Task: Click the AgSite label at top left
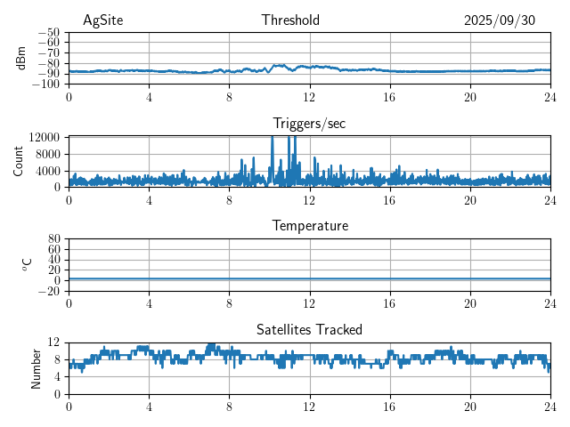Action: pyautogui.click(x=103, y=20)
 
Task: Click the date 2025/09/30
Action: pyautogui.click(x=500, y=20)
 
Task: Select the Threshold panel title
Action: pyautogui.click(x=291, y=20)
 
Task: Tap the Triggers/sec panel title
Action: pyautogui.click(x=309, y=124)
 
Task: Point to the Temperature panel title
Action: pyautogui.click(x=309, y=226)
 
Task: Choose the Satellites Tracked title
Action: pyautogui.click(x=309, y=329)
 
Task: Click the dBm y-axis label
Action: pyautogui.click(x=22, y=58)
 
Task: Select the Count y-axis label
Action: pyautogui.click(x=19, y=161)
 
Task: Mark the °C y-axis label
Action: pyautogui.click(x=28, y=264)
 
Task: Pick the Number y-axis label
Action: pyautogui.click(x=36, y=367)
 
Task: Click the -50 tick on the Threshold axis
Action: pyautogui.click(x=48, y=32)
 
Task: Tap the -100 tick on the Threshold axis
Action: pyautogui.click(x=45, y=84)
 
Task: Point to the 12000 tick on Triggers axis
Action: pyautogui.click(x=44, y=137)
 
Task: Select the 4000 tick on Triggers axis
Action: pyautogui.click(x=47, y=170)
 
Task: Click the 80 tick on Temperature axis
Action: pyautogui.click(x=54, y=239)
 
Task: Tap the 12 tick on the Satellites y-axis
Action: pyautogui.click(x=54, y=342)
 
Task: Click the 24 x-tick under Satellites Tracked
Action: pyautogui.click(x=550, y=407)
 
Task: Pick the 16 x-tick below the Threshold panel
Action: pyautogui.click(x=389, y=97)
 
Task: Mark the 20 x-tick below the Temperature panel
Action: pyautogui.click(x=469, y=303)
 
